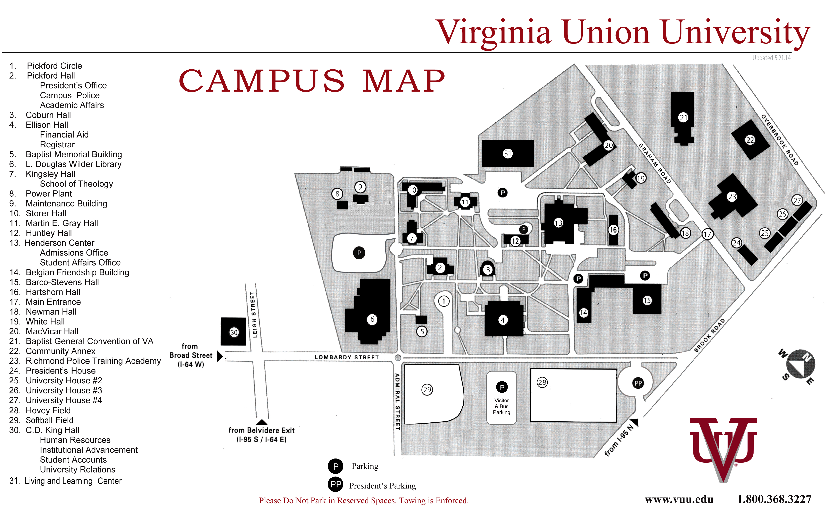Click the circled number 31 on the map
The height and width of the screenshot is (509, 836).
point(508,154)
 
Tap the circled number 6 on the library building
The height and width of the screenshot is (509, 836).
point(372,319)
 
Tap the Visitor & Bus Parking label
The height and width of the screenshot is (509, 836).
point(502,406)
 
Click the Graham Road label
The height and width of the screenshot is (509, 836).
point(655,163)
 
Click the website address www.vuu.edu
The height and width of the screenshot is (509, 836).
point(679,500)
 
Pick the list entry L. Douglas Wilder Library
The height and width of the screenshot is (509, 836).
point(74,164)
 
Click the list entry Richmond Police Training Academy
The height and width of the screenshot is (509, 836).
point(93,361)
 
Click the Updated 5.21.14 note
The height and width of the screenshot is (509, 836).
point(771,58)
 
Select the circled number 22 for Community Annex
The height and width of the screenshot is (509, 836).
point(750,140)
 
